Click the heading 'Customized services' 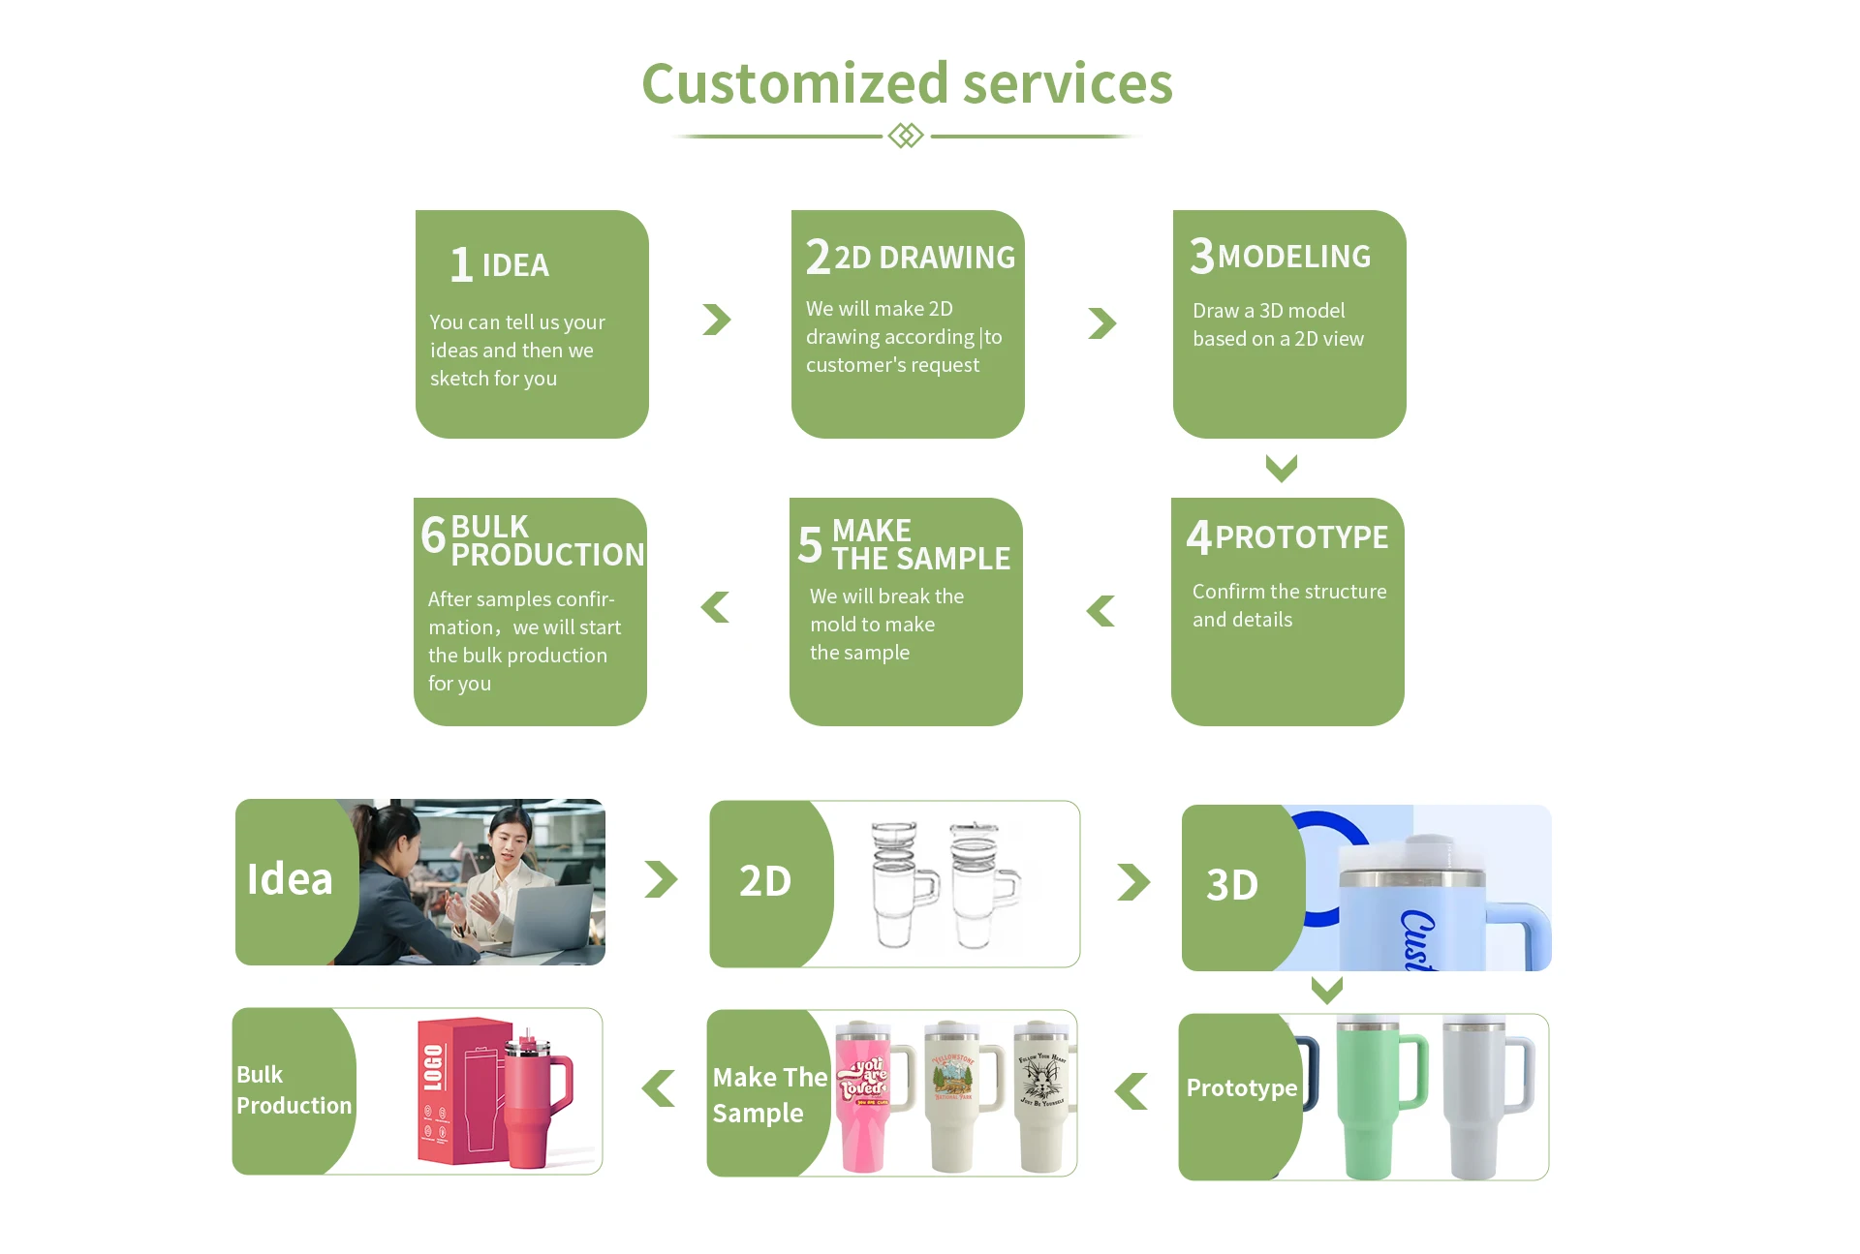(x=907, y=83)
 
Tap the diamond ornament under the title (x=906, y=136)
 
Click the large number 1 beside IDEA (x=461, y=264)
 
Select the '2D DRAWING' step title (x=924, y=258)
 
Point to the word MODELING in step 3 (x=1293, y=257)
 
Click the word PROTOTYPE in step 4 (x=1301, y=537)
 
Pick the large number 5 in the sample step (x=810, y=544)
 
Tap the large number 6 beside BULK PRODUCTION (x=433, y=535)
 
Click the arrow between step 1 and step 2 (x=717, y=320)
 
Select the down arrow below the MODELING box (x=1281, y=469)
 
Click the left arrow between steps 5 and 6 (x=715, y=607)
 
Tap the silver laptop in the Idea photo (x=547, y=920)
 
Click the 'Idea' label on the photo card (x=290, y=879)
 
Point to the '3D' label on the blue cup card (x=1232, y=885)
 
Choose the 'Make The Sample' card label (x=769, y=1095)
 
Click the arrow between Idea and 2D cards (x=661, y=879)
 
